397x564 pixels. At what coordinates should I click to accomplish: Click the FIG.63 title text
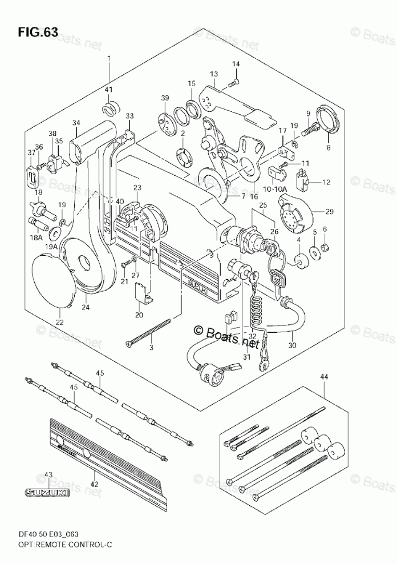tap(38, 32)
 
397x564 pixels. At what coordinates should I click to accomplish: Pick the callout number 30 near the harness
tap(293, 345)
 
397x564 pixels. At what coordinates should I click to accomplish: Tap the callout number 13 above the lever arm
tap(214, 74)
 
